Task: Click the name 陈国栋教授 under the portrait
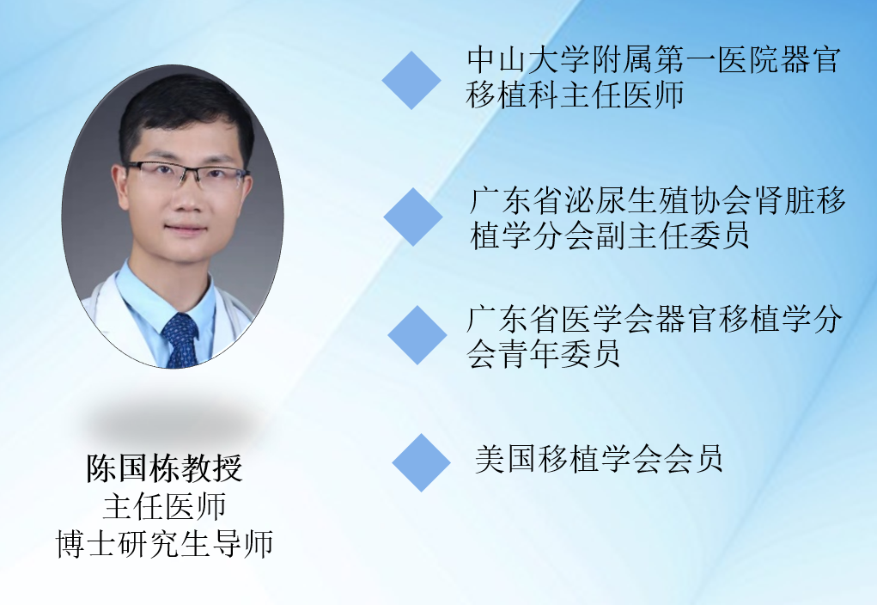tap(164, 468)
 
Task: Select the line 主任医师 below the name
tap(164, 506)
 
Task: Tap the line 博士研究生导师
tap(164, 543)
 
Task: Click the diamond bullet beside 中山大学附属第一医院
tap(411, 80)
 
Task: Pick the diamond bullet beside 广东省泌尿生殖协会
tap(413, 217)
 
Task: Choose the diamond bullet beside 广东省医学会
tap(417, 335)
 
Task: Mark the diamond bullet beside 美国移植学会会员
tap(421, 463)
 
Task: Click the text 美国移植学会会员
tap(599, 460)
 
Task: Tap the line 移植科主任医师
tap(575, 95)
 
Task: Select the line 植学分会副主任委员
tap(610, 235)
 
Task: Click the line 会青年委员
tap(544, 354)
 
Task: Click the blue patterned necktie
tap(180, 339)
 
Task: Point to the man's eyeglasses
tap(186, 174)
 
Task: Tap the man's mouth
tap(186, 229)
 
